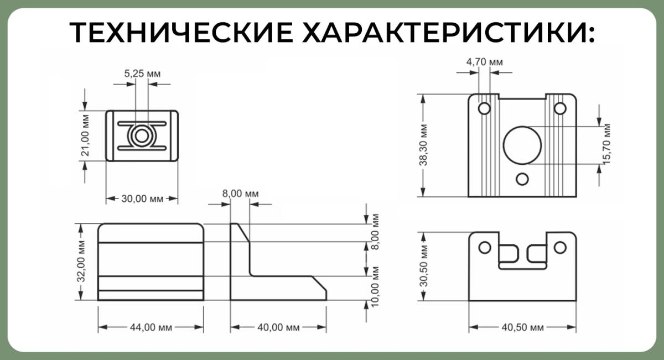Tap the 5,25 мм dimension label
[142, 72]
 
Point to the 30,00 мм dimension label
[142, 199]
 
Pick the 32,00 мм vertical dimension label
[81, 262]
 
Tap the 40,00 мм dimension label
[278, 327]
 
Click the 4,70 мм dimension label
[485, 62]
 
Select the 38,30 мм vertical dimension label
[423, 145]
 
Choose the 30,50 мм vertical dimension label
[423, 267]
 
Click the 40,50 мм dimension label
[522, 327]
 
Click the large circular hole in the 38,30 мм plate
[522, 145]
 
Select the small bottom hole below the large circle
[522, 179]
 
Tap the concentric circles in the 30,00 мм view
[142, 135]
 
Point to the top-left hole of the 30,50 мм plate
[484, 247]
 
